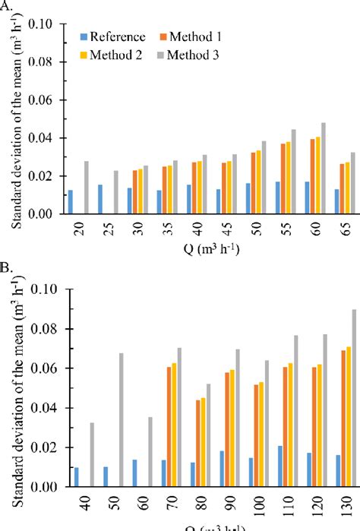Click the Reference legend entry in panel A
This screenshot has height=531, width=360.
coord(114,37)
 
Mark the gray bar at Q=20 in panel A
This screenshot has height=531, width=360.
coord(87,187)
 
